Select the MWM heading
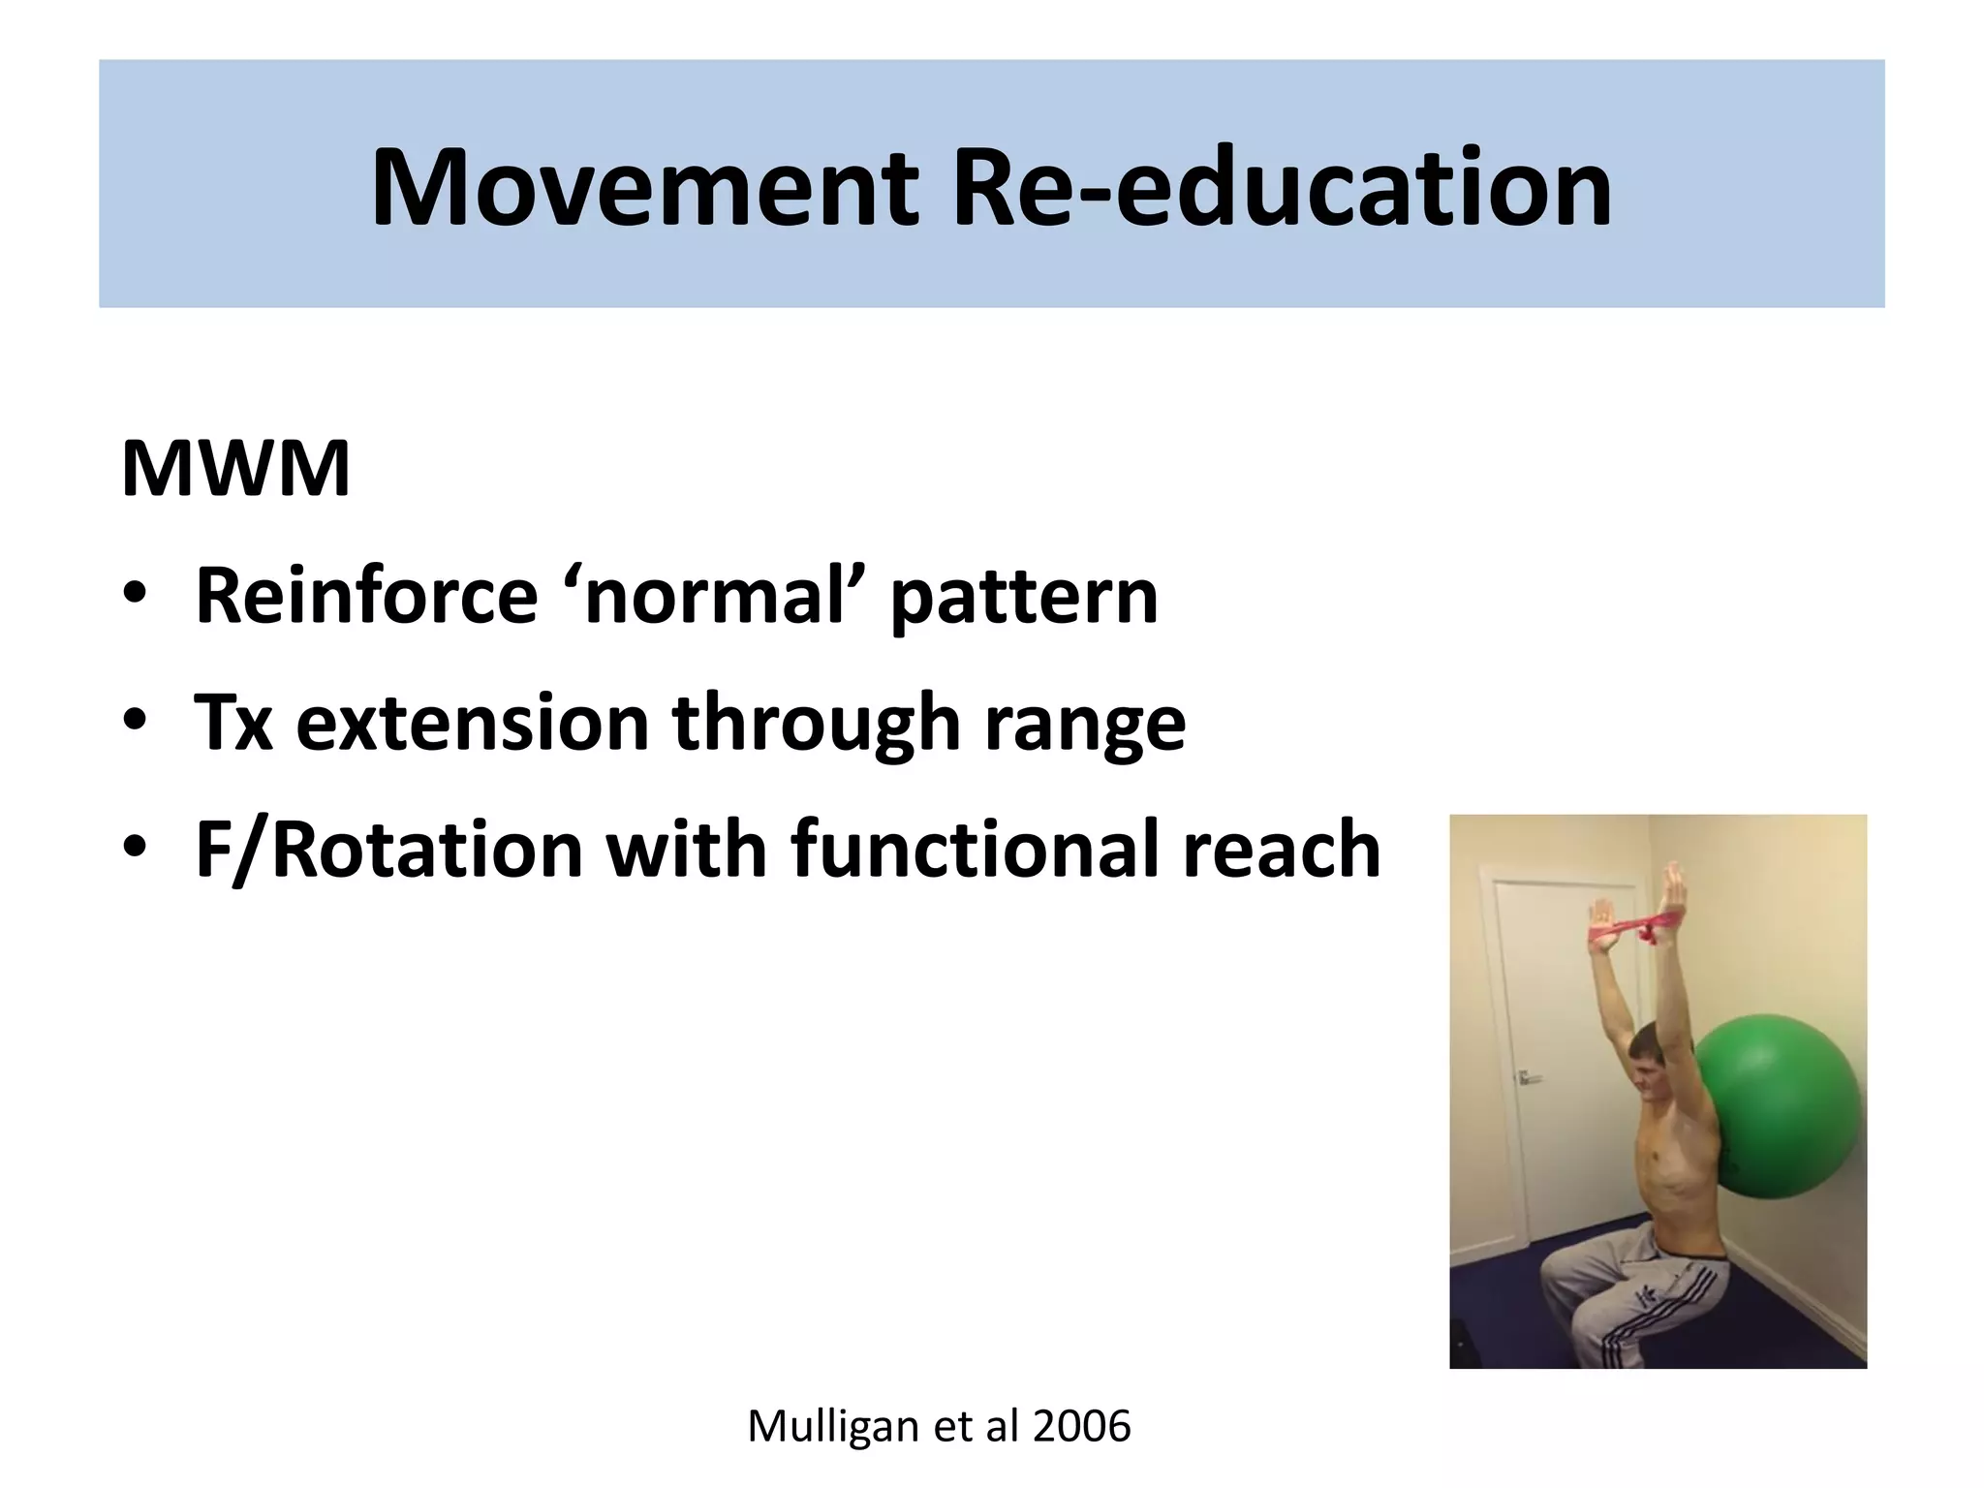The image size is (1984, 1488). point(235,470)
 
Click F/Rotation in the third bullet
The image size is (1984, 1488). point(388,849)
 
